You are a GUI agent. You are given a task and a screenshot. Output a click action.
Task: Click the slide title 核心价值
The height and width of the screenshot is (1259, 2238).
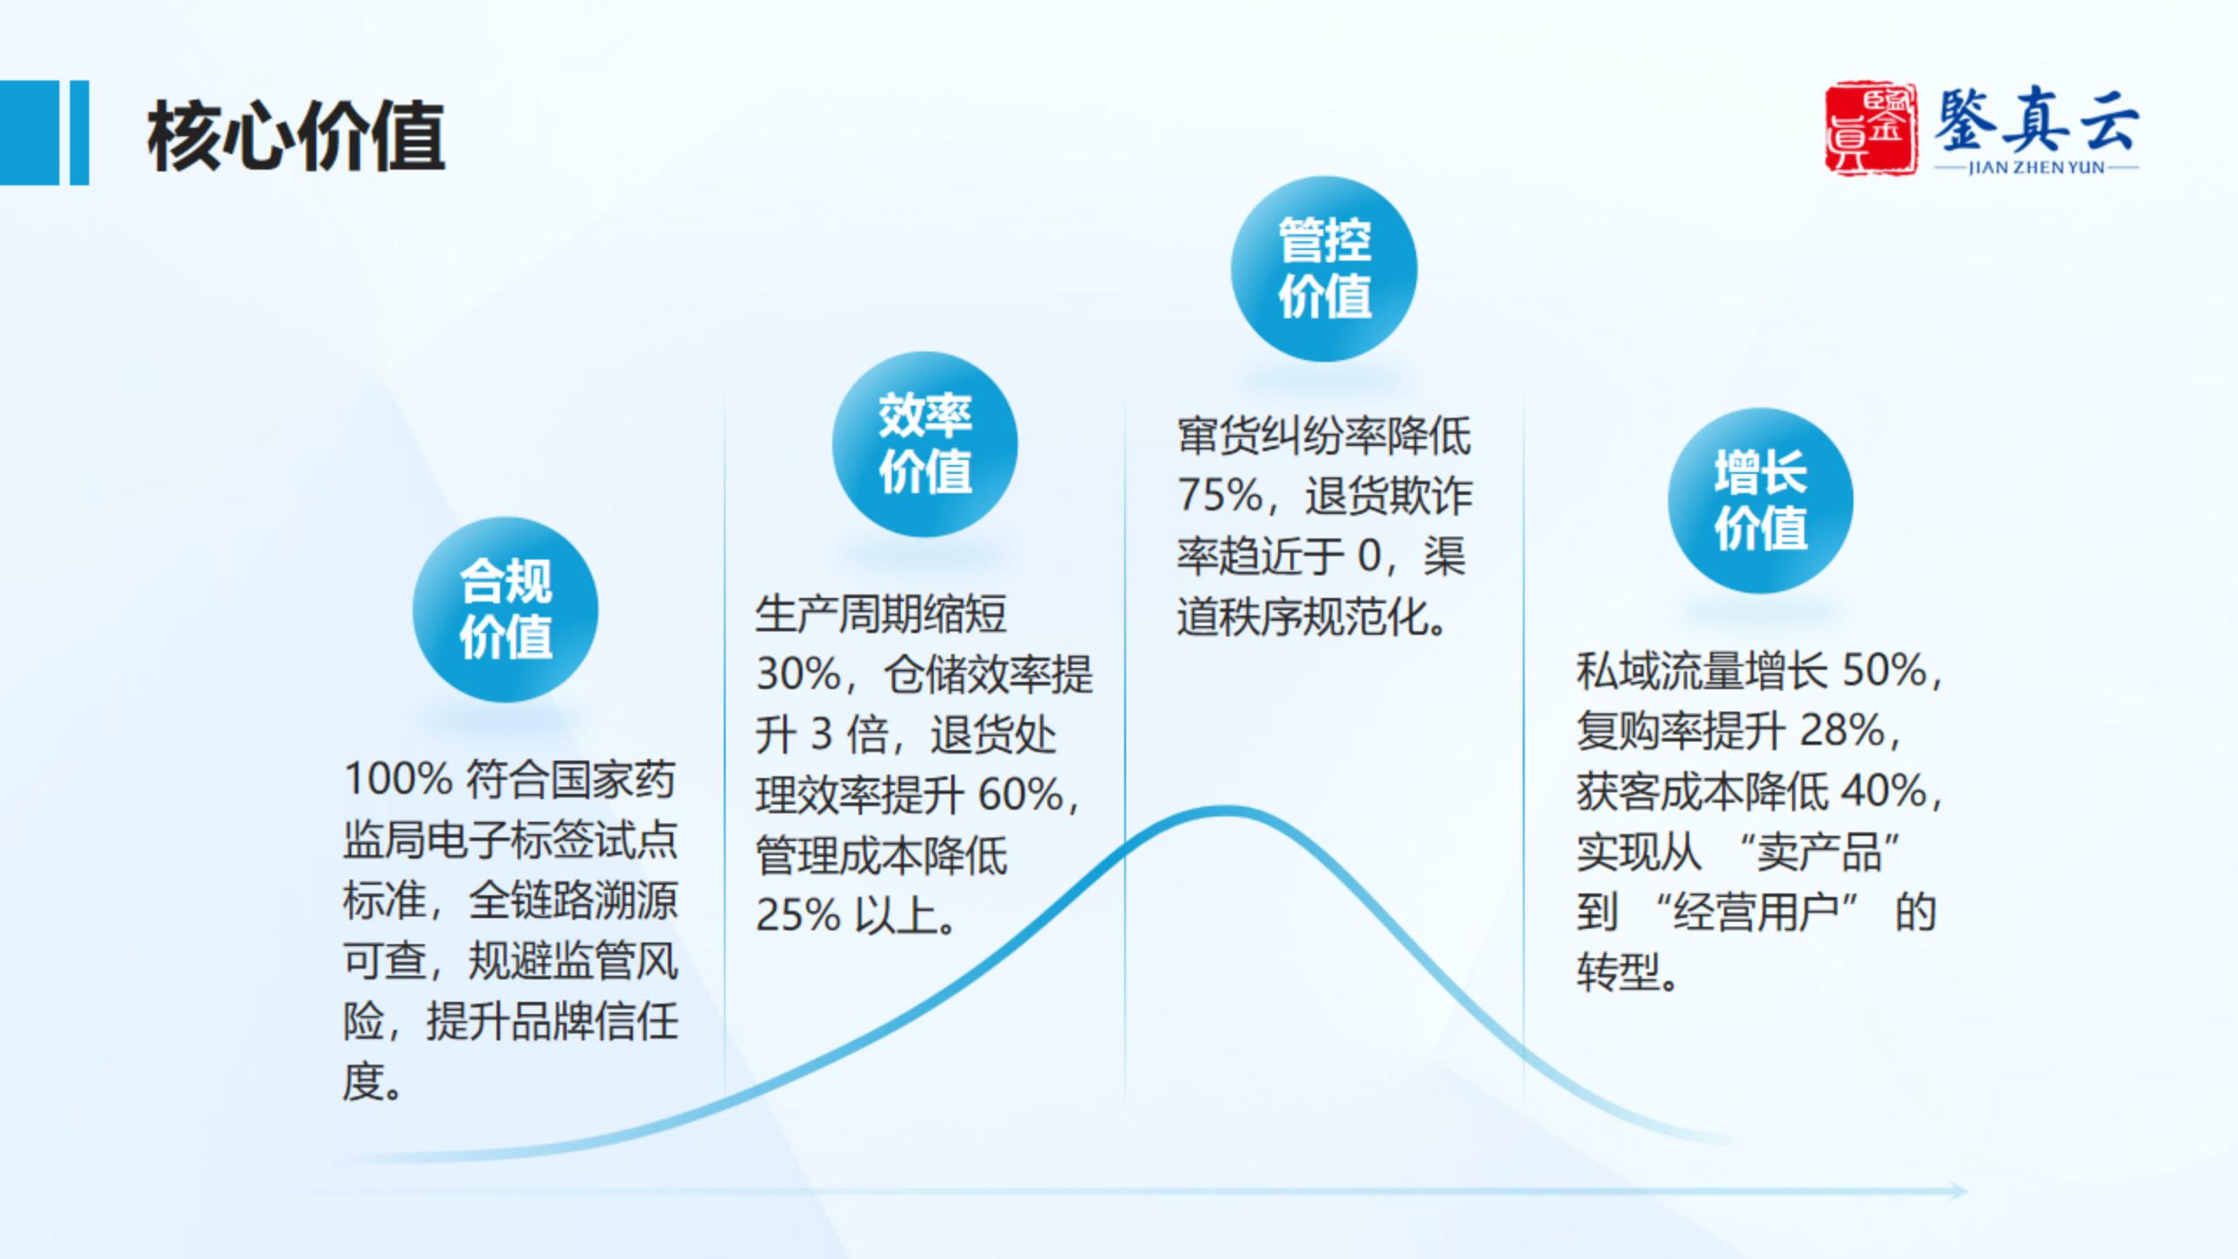pyautogui.click(x=296, y=135)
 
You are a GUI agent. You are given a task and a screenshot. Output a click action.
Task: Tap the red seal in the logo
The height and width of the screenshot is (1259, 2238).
pyautogui.click(x=1871, y=129)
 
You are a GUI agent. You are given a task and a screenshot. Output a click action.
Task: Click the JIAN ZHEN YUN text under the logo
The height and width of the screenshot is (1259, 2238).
pyautogui.click(x=2036, y=167)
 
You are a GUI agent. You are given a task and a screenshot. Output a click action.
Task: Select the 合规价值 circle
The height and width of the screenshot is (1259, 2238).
pyautogui.click(x=505, y=609)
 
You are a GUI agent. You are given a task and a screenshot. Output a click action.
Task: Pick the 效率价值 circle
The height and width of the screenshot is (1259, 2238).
pyautogui.click(x=925, y=444)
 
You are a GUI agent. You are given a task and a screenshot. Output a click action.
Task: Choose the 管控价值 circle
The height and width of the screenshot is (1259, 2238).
pyautogui.click(x=1324, y=268)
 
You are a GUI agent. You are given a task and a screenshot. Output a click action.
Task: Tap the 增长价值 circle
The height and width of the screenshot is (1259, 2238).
pyautogui.click(x=1761, y=500)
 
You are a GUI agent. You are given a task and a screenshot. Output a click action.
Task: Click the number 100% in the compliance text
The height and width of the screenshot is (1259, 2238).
pyautogui.click(x=398, y=779)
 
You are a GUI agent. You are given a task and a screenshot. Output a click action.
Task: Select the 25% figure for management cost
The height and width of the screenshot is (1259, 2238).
pyautogui.click(x=798, y=915)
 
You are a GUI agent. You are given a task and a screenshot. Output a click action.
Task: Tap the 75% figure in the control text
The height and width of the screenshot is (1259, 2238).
pyautogui.click(x=1220, y=495)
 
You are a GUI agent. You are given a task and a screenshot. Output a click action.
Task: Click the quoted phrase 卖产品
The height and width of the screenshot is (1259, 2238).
pyautogui.click(x=1820, y=852)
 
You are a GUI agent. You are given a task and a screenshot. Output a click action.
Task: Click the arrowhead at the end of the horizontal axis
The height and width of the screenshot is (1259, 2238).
pyautogui.click(x=1957, y=1191)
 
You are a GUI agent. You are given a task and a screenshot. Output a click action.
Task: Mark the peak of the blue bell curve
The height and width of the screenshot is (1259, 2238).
pyautogui.click(x=1227, y=810)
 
